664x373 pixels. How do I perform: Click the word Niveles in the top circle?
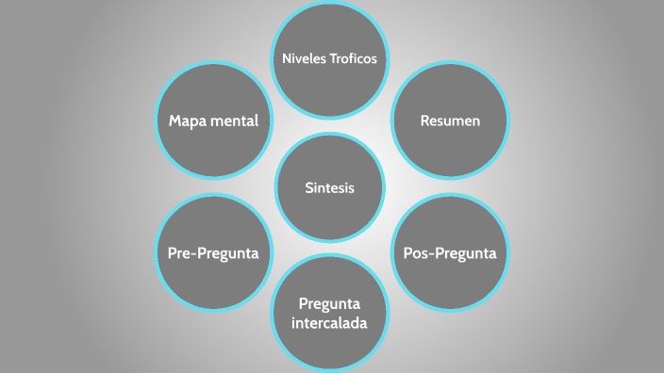[305, 58]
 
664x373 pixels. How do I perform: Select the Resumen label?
[450, 122]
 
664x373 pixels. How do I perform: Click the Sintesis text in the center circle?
[329, 187]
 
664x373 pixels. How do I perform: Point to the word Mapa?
[188, 122]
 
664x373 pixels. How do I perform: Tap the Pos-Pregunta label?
[450, 253]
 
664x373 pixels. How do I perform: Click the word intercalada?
[329, 322]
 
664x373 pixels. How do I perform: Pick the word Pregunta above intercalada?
[329, 303]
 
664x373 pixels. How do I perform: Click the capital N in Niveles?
[287, 58]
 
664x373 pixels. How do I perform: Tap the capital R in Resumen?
[424, 122]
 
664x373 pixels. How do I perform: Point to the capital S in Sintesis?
[308, 187]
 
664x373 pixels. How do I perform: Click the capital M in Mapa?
[174, 122]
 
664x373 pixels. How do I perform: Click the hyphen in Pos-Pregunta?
[435, 254]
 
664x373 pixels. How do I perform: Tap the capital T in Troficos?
[333, 58]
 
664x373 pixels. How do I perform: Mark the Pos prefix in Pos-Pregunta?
[418, 253]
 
